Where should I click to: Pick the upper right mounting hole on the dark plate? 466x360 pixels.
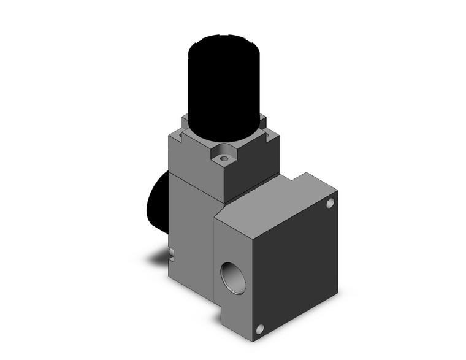pyautogui.click(x=330, y=202)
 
